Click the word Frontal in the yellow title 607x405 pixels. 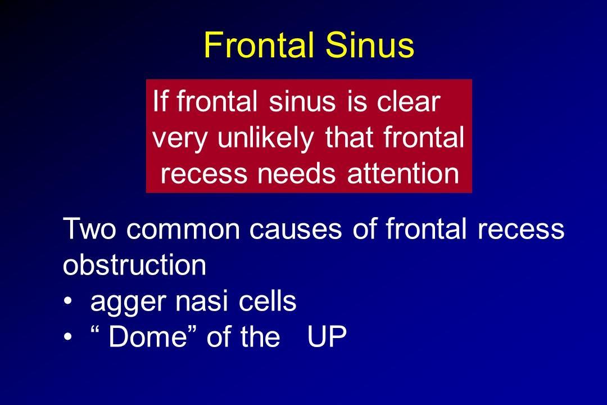[x=259, y=45]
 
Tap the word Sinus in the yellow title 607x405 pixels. [x=370, y=45]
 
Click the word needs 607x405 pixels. [x=297, y=174]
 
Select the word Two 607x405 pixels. [x=89, y=229]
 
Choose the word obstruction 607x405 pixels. [x=134, y=265]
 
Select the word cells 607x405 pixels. [x=268, y=301]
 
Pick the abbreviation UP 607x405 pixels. [x=327, y=336]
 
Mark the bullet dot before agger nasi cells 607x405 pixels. [x=68, y=301]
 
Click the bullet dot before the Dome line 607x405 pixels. [x=68, y=337]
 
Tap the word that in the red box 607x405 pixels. [x=349, y=137]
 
